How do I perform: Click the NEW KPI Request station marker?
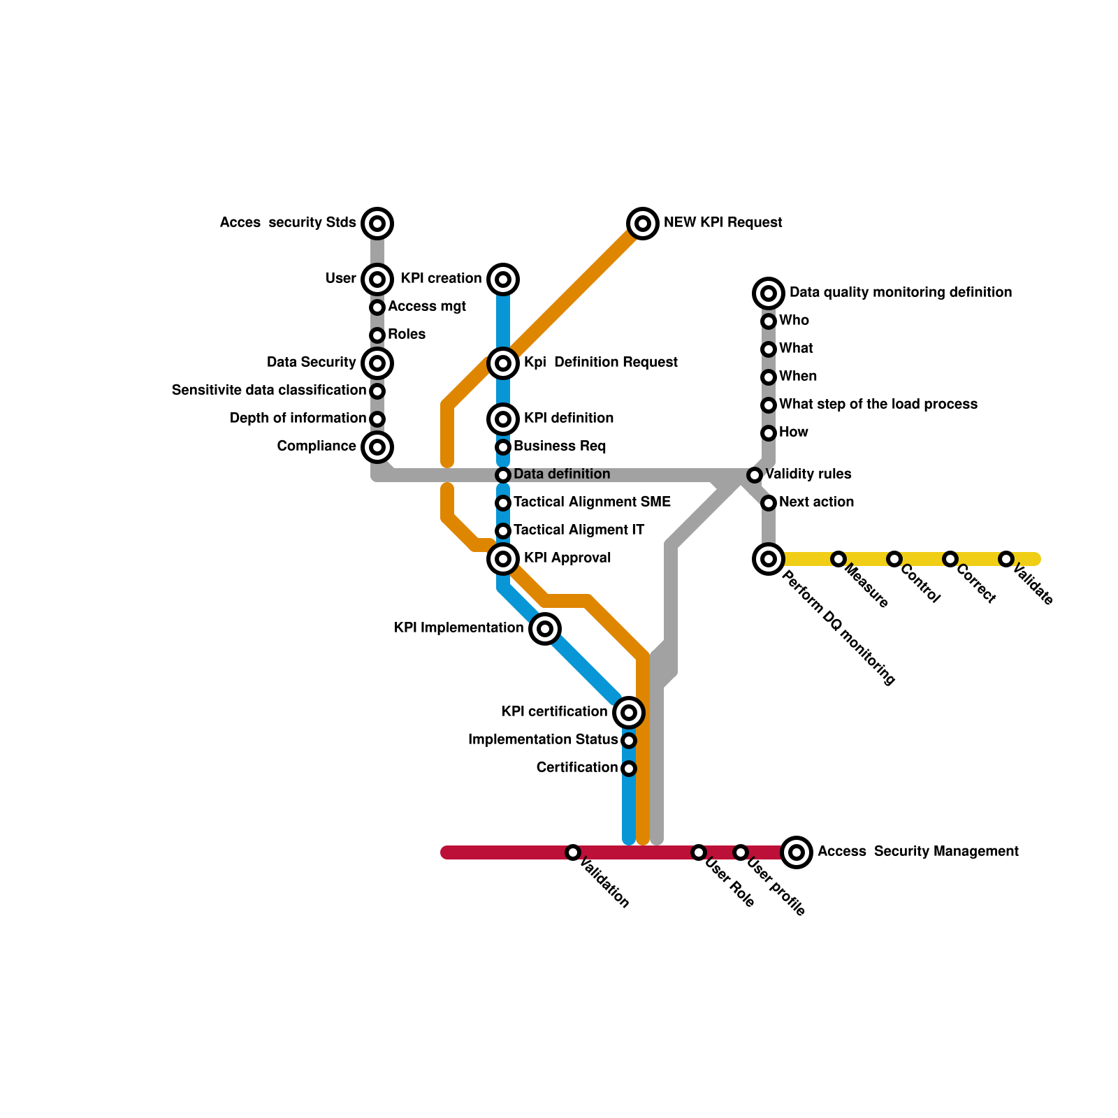tap(643, 224)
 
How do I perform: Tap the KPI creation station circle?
tap(503, 279)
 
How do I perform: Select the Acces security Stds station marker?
tap(377, 224)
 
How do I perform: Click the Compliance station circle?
tap(377, 447)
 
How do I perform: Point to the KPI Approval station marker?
tap(503, 559)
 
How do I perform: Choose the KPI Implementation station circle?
tap(545, 629)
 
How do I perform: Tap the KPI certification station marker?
tap(629, 713)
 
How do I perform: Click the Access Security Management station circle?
tap(797, 852)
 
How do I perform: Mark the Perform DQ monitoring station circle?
tap(769, 559)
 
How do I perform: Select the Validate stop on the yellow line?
tap(1006, 559)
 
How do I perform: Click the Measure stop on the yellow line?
tap(838, 559)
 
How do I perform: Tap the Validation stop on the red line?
tap(573, 852)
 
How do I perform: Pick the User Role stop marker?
tap(699, 852)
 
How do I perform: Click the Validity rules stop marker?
tap(755, 475)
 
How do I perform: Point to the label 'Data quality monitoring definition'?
tap(900, 293)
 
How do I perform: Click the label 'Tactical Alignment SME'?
tap(592, 502)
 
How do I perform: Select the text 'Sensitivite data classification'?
tap(269, 391)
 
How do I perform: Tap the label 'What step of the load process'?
tap(878, 405)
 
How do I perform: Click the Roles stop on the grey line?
tap(377, 335)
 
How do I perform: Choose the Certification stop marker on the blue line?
tap(629, 769)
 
